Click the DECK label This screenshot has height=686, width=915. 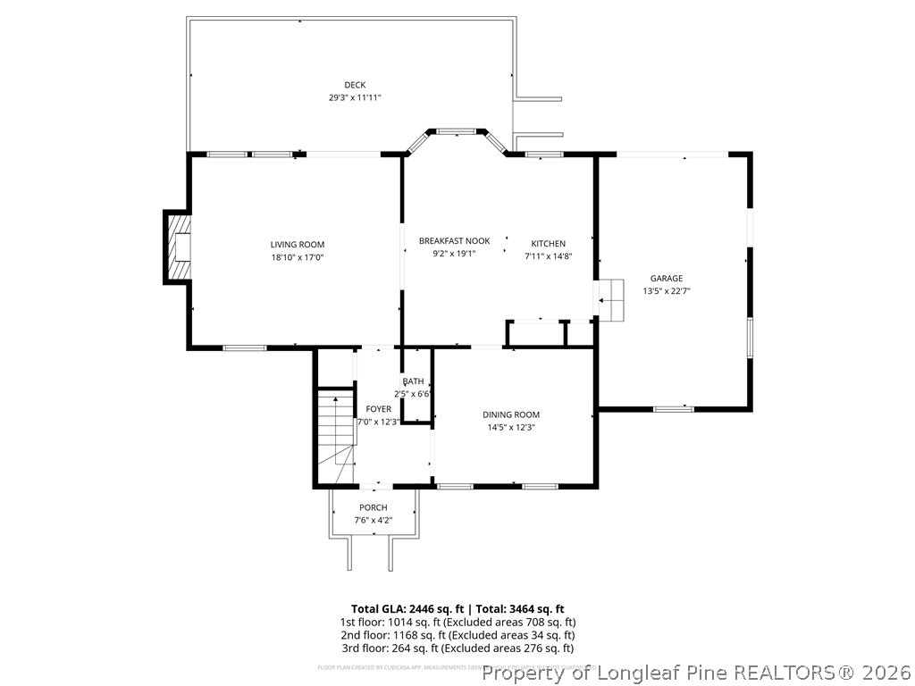click(x=355, y=85)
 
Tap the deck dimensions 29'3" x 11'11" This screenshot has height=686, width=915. click(x=355, y=97)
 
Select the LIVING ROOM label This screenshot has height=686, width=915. click(x=298, y=245)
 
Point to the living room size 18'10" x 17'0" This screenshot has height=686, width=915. click(x=298, y=257)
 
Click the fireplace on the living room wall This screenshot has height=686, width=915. click(x=178, y=246)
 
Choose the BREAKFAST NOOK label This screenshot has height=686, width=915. click(x=454, y=241)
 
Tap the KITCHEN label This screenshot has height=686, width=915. click(x=548, y=244)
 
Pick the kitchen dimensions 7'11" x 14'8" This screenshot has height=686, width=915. click(x=548, y=256)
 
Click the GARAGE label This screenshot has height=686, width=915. click(x=666, y=279)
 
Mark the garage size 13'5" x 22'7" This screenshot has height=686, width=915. click(x=666, y=291)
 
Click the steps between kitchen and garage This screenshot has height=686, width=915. click(x=611, y=298)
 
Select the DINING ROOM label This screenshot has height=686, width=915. click(x=511, y=414)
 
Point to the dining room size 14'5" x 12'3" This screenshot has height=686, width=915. click(x=511, y=427)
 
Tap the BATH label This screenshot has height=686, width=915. click(x=413, y=381)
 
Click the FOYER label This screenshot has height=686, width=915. click(x=378, y=409)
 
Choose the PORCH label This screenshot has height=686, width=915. click(x=374, y=507)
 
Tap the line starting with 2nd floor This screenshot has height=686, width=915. click(x=457, y=635)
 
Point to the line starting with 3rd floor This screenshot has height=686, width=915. click(x=457, y=648)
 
